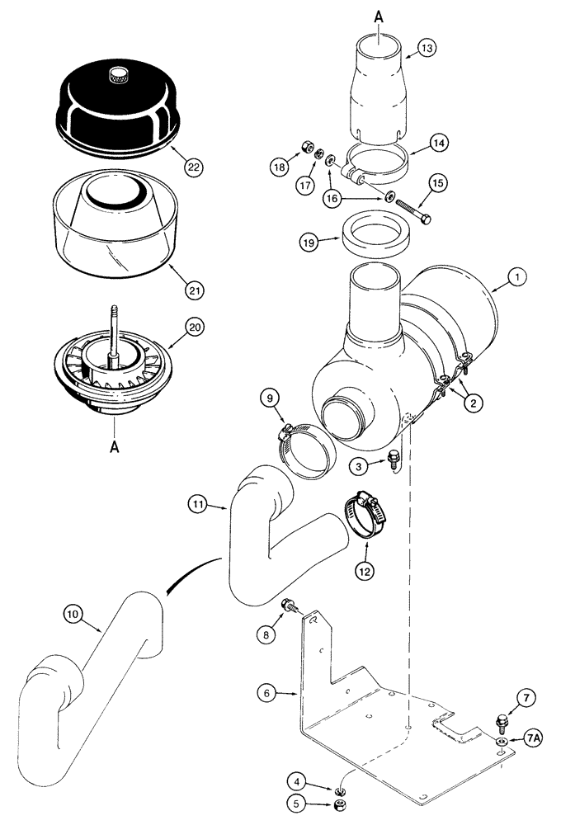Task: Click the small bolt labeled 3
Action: [394, 456]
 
